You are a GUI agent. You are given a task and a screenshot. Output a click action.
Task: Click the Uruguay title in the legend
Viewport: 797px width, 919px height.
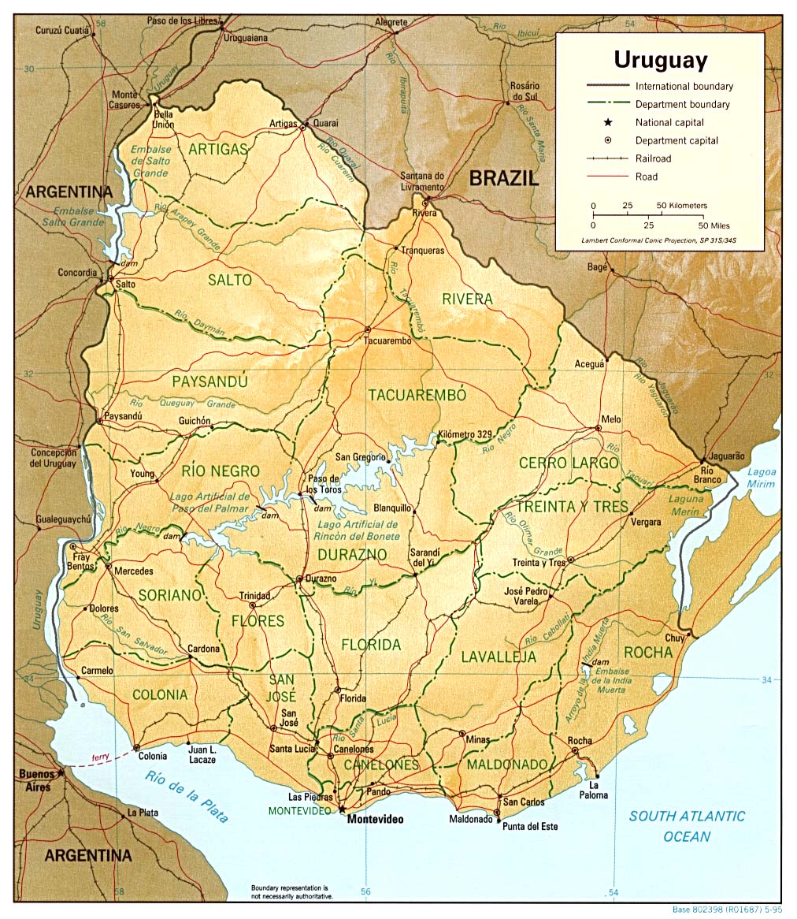(660, 60)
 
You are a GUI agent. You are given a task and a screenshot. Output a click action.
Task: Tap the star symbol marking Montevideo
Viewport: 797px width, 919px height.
(342, 809)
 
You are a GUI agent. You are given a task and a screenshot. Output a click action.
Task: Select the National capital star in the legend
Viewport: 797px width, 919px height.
(608, 122)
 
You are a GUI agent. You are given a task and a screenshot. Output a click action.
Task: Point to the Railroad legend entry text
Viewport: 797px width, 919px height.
(654, 158)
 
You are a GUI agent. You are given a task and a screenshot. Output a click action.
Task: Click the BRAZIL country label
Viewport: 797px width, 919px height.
(504, 178)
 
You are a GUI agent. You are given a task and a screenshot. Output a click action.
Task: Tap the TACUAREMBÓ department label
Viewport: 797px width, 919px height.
(417, 395)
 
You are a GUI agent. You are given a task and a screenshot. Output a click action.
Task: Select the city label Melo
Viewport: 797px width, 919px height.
(611, 419)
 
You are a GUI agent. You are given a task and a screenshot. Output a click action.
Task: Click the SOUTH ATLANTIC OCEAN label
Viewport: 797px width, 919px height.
(686, 826)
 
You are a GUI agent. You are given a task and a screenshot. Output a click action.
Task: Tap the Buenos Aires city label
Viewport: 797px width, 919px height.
(36, 779)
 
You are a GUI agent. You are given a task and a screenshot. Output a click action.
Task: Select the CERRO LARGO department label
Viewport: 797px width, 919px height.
(569, 463)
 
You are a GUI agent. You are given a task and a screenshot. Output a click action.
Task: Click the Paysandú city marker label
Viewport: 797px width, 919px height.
(122, 415)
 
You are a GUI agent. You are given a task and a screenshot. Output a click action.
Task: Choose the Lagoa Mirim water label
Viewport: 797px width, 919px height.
(762, 478)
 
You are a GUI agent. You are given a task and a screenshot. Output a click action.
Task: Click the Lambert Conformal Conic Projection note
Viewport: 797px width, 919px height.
(659, 239)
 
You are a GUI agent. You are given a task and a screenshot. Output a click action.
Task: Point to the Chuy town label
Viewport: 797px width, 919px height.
(674, 638)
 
